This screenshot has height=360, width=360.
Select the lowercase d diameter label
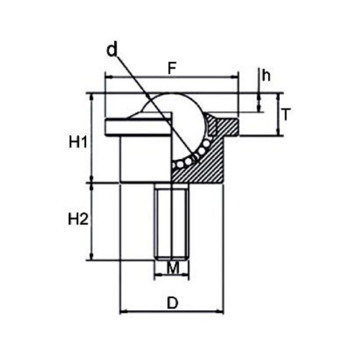(112, 50)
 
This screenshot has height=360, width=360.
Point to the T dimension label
(286, 114)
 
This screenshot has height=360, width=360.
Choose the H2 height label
(78, 220)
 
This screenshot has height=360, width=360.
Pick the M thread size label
(172, 267)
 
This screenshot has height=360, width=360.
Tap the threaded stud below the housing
(172, 221)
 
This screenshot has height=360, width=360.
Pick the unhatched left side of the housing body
(144, 159)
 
